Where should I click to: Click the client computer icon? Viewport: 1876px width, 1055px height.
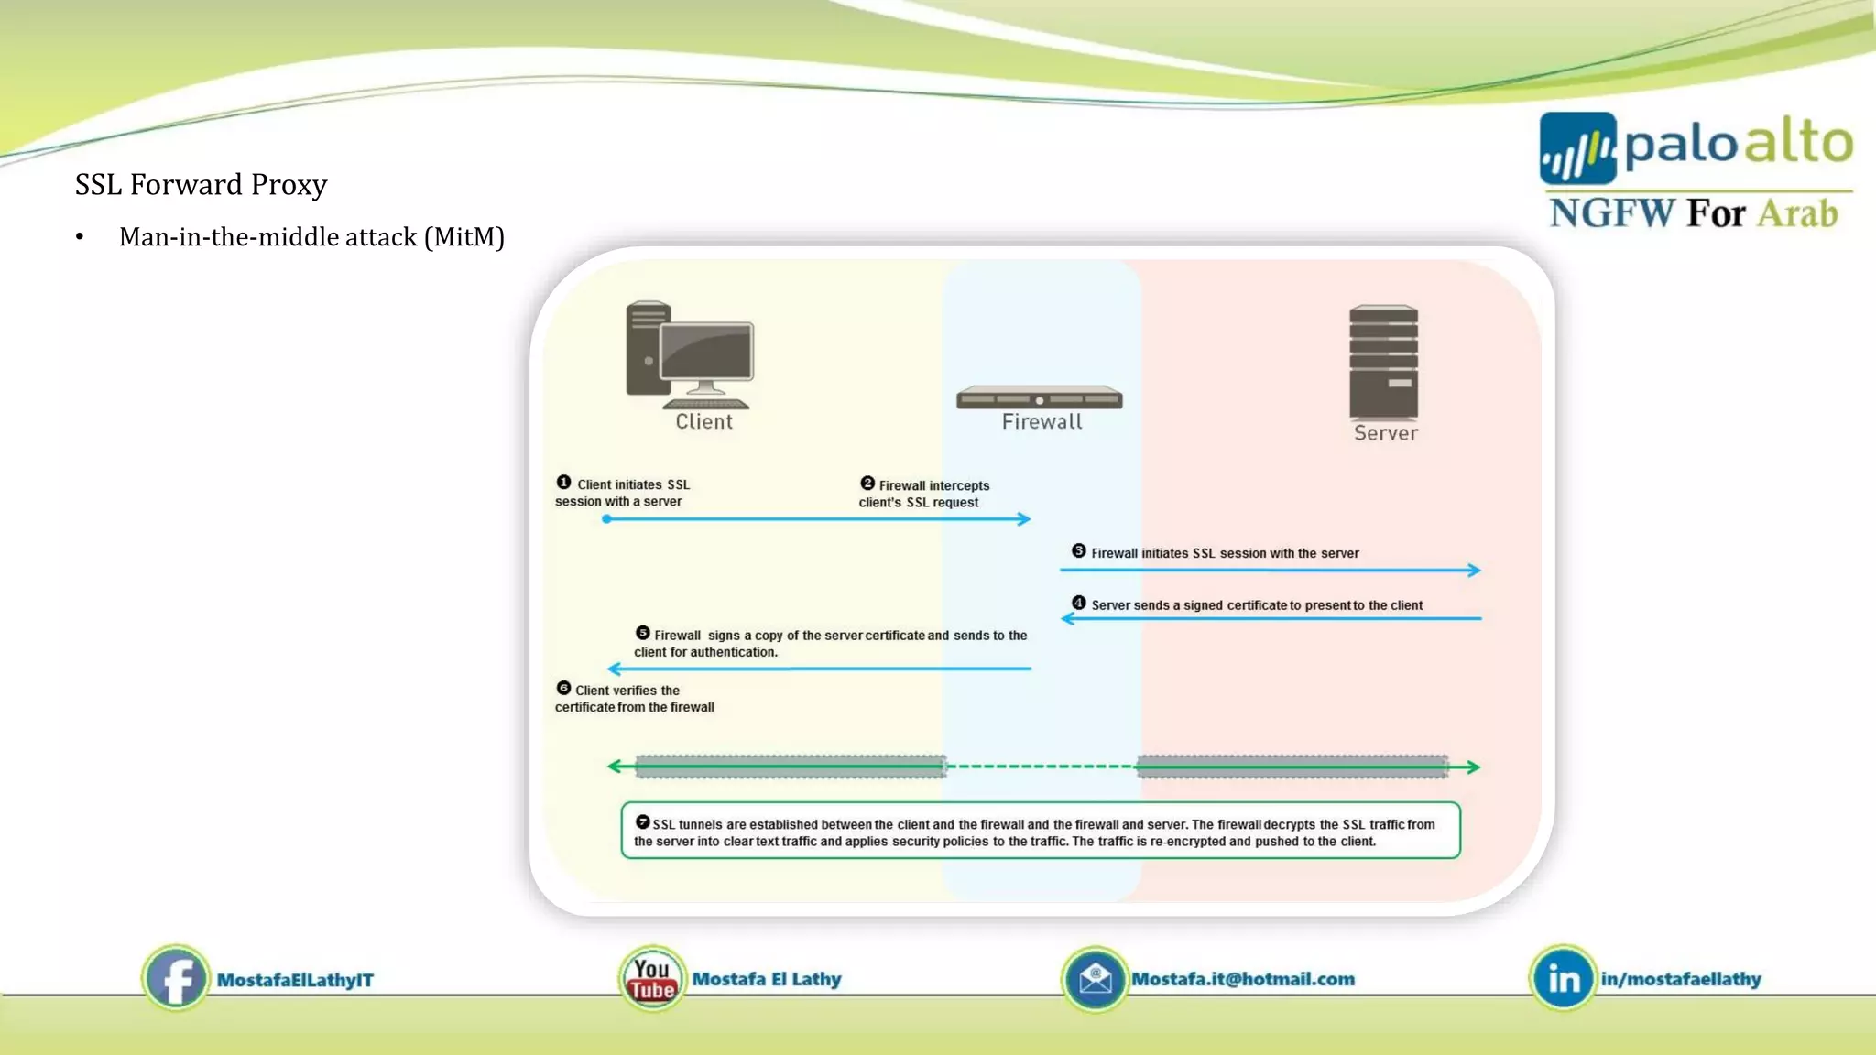[690, 355]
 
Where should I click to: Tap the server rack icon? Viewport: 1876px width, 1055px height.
[1383, 362]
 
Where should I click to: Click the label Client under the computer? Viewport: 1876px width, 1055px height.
[703, 421]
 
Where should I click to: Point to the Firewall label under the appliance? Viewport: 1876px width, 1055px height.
[1042, 421]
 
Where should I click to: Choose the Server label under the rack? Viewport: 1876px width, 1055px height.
[1385, 433]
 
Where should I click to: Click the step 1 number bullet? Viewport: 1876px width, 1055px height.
[564, 483]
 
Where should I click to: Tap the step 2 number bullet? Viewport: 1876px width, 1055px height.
[867, 484]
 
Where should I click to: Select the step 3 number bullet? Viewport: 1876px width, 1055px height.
[1079, 551]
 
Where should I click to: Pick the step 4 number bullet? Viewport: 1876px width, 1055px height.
[1079, 604]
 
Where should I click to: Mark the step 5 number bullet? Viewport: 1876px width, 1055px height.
[643, 633]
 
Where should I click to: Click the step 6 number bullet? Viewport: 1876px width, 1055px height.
[564, 689]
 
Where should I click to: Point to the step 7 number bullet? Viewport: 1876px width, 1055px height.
[643, 822]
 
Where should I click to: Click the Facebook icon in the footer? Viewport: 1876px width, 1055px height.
[175, 979]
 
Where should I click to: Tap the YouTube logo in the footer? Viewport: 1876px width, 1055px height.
[651, 979]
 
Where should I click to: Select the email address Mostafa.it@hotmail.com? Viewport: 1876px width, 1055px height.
[1243, 979]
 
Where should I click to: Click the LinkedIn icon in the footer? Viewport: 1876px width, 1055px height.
[1563, 979]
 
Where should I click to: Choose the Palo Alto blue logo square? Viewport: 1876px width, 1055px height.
[1577, 148]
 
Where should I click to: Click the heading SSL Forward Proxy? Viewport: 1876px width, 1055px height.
[201, 184]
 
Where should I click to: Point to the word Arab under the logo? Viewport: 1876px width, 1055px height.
[1797, 213]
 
